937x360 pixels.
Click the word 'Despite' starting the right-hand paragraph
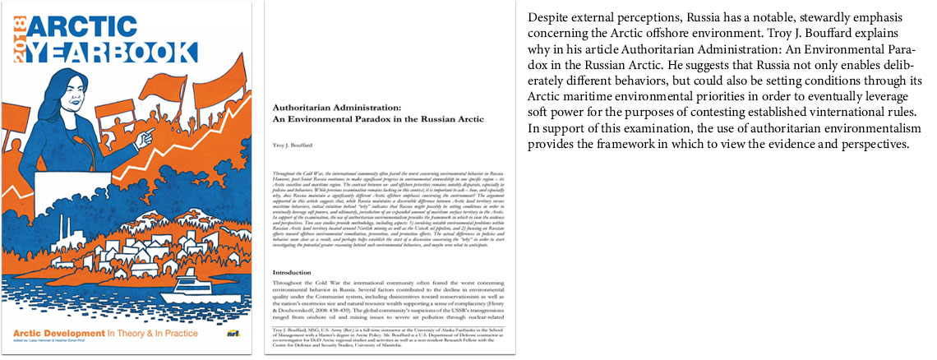[547, 17]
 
